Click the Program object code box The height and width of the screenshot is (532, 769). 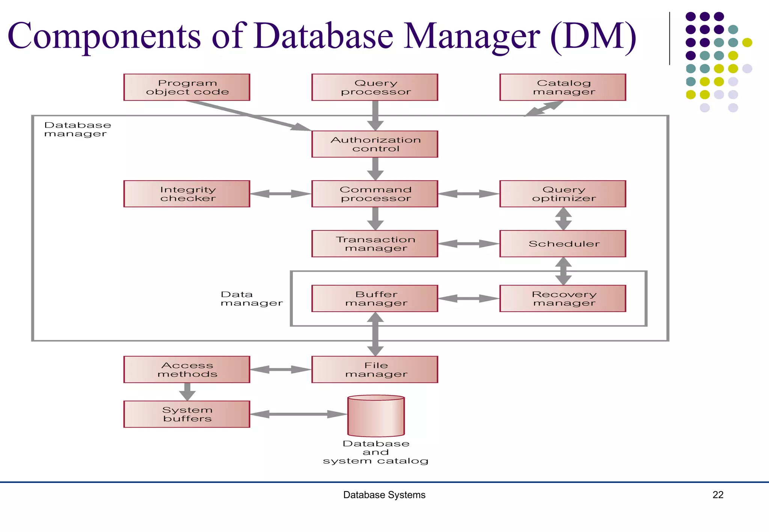coord(187,87)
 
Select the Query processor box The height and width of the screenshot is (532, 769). coord(375,87)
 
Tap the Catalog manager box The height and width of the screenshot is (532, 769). coord(562,87)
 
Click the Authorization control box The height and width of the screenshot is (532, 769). coord(375,144)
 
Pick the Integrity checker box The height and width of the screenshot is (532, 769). coord(187,194)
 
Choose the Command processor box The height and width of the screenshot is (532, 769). coord(375,194)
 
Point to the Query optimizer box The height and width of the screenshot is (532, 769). coord(562,194)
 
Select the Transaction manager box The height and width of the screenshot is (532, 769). coord(375,244)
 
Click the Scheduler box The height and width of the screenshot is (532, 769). coord(562,244)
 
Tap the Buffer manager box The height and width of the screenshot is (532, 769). coord(375,299)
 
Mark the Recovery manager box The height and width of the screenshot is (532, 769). coord(562,299)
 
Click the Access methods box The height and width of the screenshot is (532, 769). coord(187,370)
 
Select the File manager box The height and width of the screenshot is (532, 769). coord(375,370)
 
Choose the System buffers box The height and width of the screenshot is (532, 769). coord(187,414)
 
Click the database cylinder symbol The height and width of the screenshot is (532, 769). coord(376,416)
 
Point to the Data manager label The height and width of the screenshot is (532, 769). coord(251,299)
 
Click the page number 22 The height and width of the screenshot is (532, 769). coord(718,495)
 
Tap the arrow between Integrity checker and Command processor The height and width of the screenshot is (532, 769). coord(280,194)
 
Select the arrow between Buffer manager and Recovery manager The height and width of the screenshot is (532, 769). coord(469,299)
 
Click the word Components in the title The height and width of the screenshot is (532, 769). coord(104,36)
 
